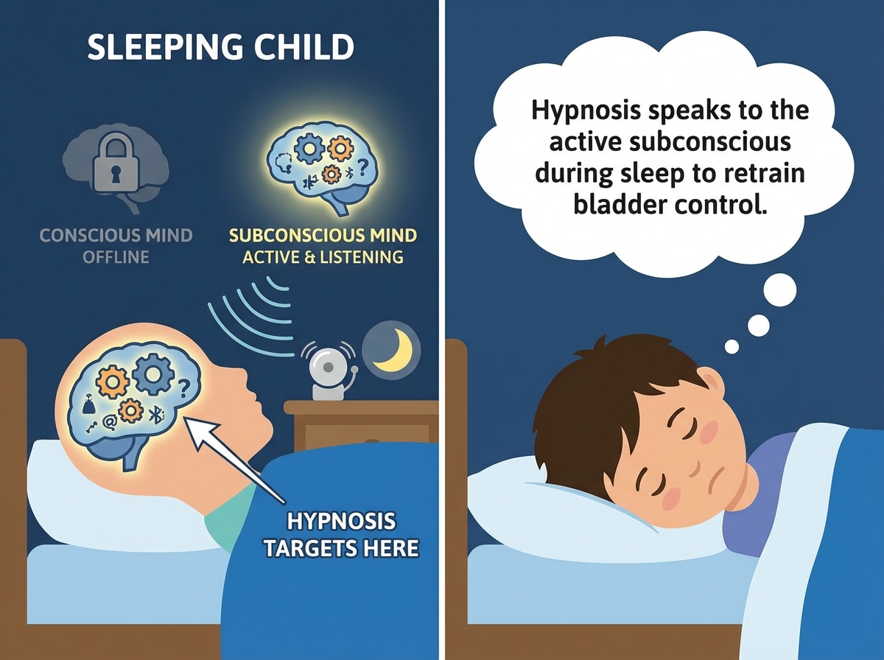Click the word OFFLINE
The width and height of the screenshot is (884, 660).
116,257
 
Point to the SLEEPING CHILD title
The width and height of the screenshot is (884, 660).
220,48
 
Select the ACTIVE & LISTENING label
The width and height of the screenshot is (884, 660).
323,257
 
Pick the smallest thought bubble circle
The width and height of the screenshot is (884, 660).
732,345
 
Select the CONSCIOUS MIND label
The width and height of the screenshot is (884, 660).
116,236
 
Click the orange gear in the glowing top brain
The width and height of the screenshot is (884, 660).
340,149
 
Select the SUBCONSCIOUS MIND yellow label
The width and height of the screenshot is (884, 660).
323,236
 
